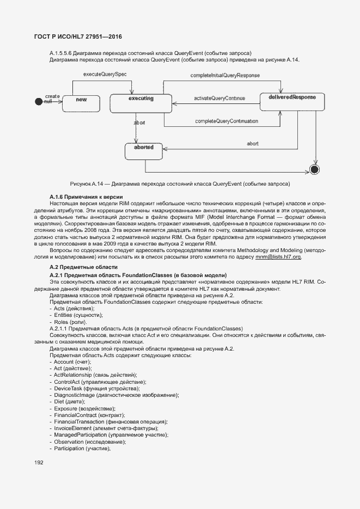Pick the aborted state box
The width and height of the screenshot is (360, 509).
pos(143,151)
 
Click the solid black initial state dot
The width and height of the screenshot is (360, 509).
pos(38,101)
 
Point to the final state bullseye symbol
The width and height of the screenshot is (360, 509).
pos(314,168)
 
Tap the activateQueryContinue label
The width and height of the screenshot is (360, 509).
pos(219,99)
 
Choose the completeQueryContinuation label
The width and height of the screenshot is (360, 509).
pos(227,121)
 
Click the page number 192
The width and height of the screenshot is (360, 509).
pos(39,462)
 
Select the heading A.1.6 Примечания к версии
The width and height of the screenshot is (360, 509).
pos(86,196)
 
